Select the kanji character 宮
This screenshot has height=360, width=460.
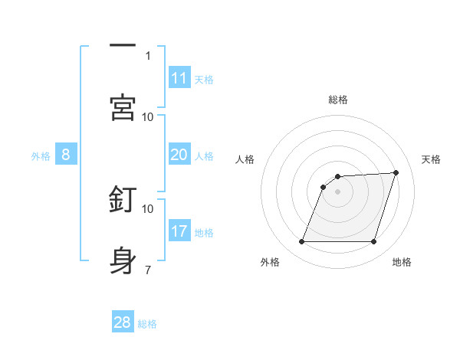(x=123, y=107)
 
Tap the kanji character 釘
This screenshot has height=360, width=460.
(x=123, y=200)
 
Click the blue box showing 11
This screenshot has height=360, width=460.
(x=179, y=78)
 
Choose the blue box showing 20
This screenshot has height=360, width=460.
(x=179, y=155)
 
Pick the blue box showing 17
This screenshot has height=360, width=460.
(x=179, y=231)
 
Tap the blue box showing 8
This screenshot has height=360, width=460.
(x=66, y=155)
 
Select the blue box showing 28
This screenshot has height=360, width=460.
(x=123, y=322)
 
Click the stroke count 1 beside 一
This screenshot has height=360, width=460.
(x=148, y=55)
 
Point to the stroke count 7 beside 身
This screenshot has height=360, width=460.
(x=148, y=269)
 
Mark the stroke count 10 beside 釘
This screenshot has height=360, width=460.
(x=148, y=208)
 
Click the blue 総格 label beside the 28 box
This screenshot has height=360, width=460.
(x=148, y=324)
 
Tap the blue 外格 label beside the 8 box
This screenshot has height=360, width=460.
(x=41, y=156)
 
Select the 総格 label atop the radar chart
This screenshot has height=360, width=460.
(x=338, y=100)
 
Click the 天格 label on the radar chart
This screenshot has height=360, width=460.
(x=432, y=159)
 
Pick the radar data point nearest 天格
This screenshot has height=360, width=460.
(x=396, y=173)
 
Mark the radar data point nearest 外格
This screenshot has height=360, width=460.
(x=301, y=242)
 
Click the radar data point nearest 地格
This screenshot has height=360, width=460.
(x=374, y=242)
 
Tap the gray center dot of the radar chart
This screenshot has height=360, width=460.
(x=338, y=191)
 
